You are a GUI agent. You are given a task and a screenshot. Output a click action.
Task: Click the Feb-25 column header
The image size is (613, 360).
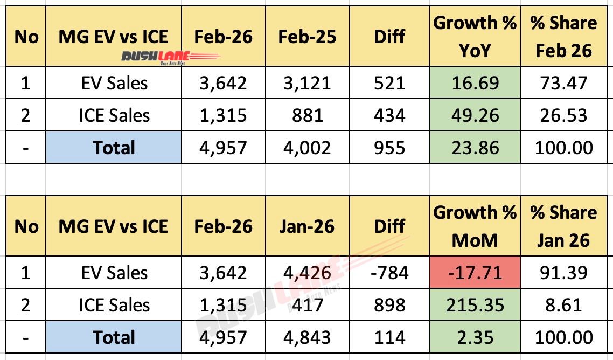pyautogui.click(x=307, y=36)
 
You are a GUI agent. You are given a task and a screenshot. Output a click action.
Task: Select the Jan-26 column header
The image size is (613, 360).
pyautogui.click(x=307, y=226)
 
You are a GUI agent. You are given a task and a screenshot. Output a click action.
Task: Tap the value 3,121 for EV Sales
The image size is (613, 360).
pyautogui.click(x=307, y=82)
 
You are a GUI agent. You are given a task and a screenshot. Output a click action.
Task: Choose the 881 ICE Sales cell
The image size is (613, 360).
pyautogui.click(x=307, y=115)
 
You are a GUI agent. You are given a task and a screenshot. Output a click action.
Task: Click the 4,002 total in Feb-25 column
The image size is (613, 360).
pyautogui.click(x=307, y=148)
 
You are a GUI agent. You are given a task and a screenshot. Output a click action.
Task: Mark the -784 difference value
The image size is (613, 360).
pyautogui.click(x=390, y=272)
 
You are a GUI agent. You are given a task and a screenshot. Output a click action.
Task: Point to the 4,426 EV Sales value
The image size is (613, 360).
pyautogui.click(x=307, y=272)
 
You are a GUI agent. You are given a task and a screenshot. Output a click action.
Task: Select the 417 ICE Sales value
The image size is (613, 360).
pyautogui.click(x=307, y=305)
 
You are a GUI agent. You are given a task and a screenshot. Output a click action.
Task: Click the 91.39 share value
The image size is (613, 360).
pyautogui.click(x=563, y=272)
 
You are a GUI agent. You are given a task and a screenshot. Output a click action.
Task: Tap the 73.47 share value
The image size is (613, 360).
pyautogui.click(x=563, y=82)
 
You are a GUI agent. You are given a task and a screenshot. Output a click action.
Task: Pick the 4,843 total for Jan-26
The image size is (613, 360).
pyautogui.click(x=307, y=337)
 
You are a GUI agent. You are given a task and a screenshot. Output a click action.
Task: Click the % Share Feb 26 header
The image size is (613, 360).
pyautogui.click(x=563, y=36)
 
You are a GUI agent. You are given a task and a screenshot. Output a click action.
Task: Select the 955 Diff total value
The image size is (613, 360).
pyautogui.click(x=390, y=148)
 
